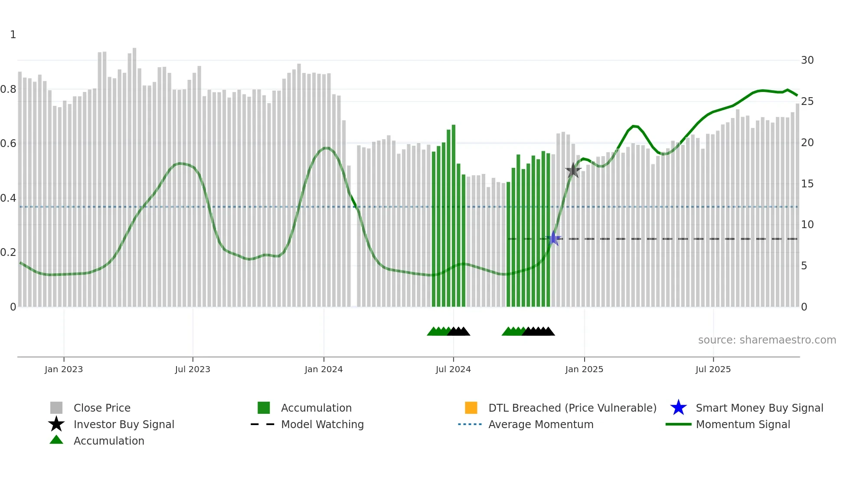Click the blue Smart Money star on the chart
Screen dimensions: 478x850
(553, 239)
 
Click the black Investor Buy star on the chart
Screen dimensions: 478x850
(573, 170)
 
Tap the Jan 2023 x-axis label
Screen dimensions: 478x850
(64, 370)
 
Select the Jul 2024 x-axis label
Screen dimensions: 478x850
(453, 370)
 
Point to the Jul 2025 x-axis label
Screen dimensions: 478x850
(713, 370)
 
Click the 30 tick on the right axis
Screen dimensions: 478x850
(807, 60)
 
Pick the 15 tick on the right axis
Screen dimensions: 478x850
(807, 184)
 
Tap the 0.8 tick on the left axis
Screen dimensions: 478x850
(9, 89)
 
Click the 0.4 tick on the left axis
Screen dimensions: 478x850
(9, 198)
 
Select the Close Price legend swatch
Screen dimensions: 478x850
(56, 408)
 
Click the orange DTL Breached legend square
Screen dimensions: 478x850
(471, 408)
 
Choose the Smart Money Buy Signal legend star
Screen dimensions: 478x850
(678, 408)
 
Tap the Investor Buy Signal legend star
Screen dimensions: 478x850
(56, 424)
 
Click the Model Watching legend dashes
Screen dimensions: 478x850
(263, 424)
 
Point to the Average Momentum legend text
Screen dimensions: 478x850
(541, 424)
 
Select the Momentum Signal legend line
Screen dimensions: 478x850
(678, 424)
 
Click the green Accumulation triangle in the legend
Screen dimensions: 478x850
(56, 440)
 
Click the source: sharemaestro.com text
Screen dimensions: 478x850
(767, 340)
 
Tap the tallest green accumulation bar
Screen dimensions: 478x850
(454, 217)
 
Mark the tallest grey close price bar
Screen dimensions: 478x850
(134, 178)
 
